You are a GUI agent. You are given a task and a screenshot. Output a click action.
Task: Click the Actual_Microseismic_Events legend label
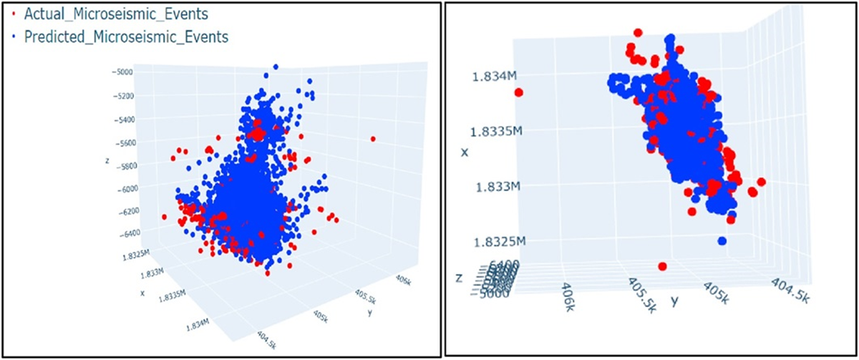click(x=122, y=13)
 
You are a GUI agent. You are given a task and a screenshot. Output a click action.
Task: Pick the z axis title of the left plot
click(x=106, y=160)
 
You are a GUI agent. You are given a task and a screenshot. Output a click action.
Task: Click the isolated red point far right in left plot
click(x=373, y=138)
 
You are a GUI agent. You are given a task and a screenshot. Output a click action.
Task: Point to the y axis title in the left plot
click(x=369, y=313)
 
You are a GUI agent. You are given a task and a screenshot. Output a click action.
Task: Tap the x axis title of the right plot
click(x=465, y=152)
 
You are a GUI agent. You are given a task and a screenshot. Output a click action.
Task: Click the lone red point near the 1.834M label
click(x=519, y=92)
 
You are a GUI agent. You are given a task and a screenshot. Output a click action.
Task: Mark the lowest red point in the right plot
click(x=662, y=266)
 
